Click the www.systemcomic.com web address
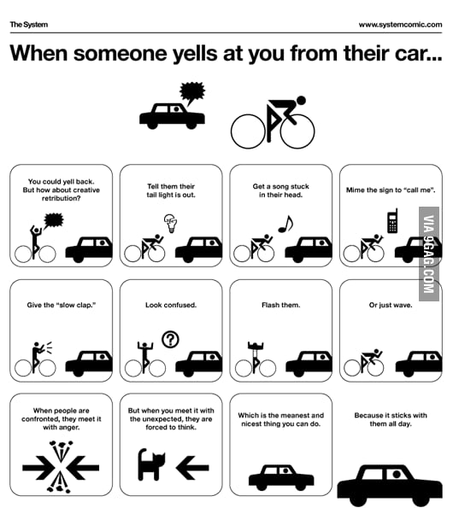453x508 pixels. click(x=398, y=25)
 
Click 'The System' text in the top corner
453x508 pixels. click(x=27, y=25)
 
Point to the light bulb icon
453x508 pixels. click(x=169, y=225)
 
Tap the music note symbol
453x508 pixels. click(x=285, y=224)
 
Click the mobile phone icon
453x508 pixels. click(x=392, y=221)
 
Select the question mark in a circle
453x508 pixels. click(x=171, y=340)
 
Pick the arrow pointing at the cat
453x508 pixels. click(x=192, y=466)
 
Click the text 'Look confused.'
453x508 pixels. click(x=171, y=305)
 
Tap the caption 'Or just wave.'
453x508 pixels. click(x=391, y=305)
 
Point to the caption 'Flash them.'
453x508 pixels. click(x=280, y=305)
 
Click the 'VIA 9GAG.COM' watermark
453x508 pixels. click(x=429, y=256)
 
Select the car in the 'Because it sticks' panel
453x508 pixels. click(x=390, y=483)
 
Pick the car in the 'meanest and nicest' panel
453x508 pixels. click(x=280, y=476)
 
